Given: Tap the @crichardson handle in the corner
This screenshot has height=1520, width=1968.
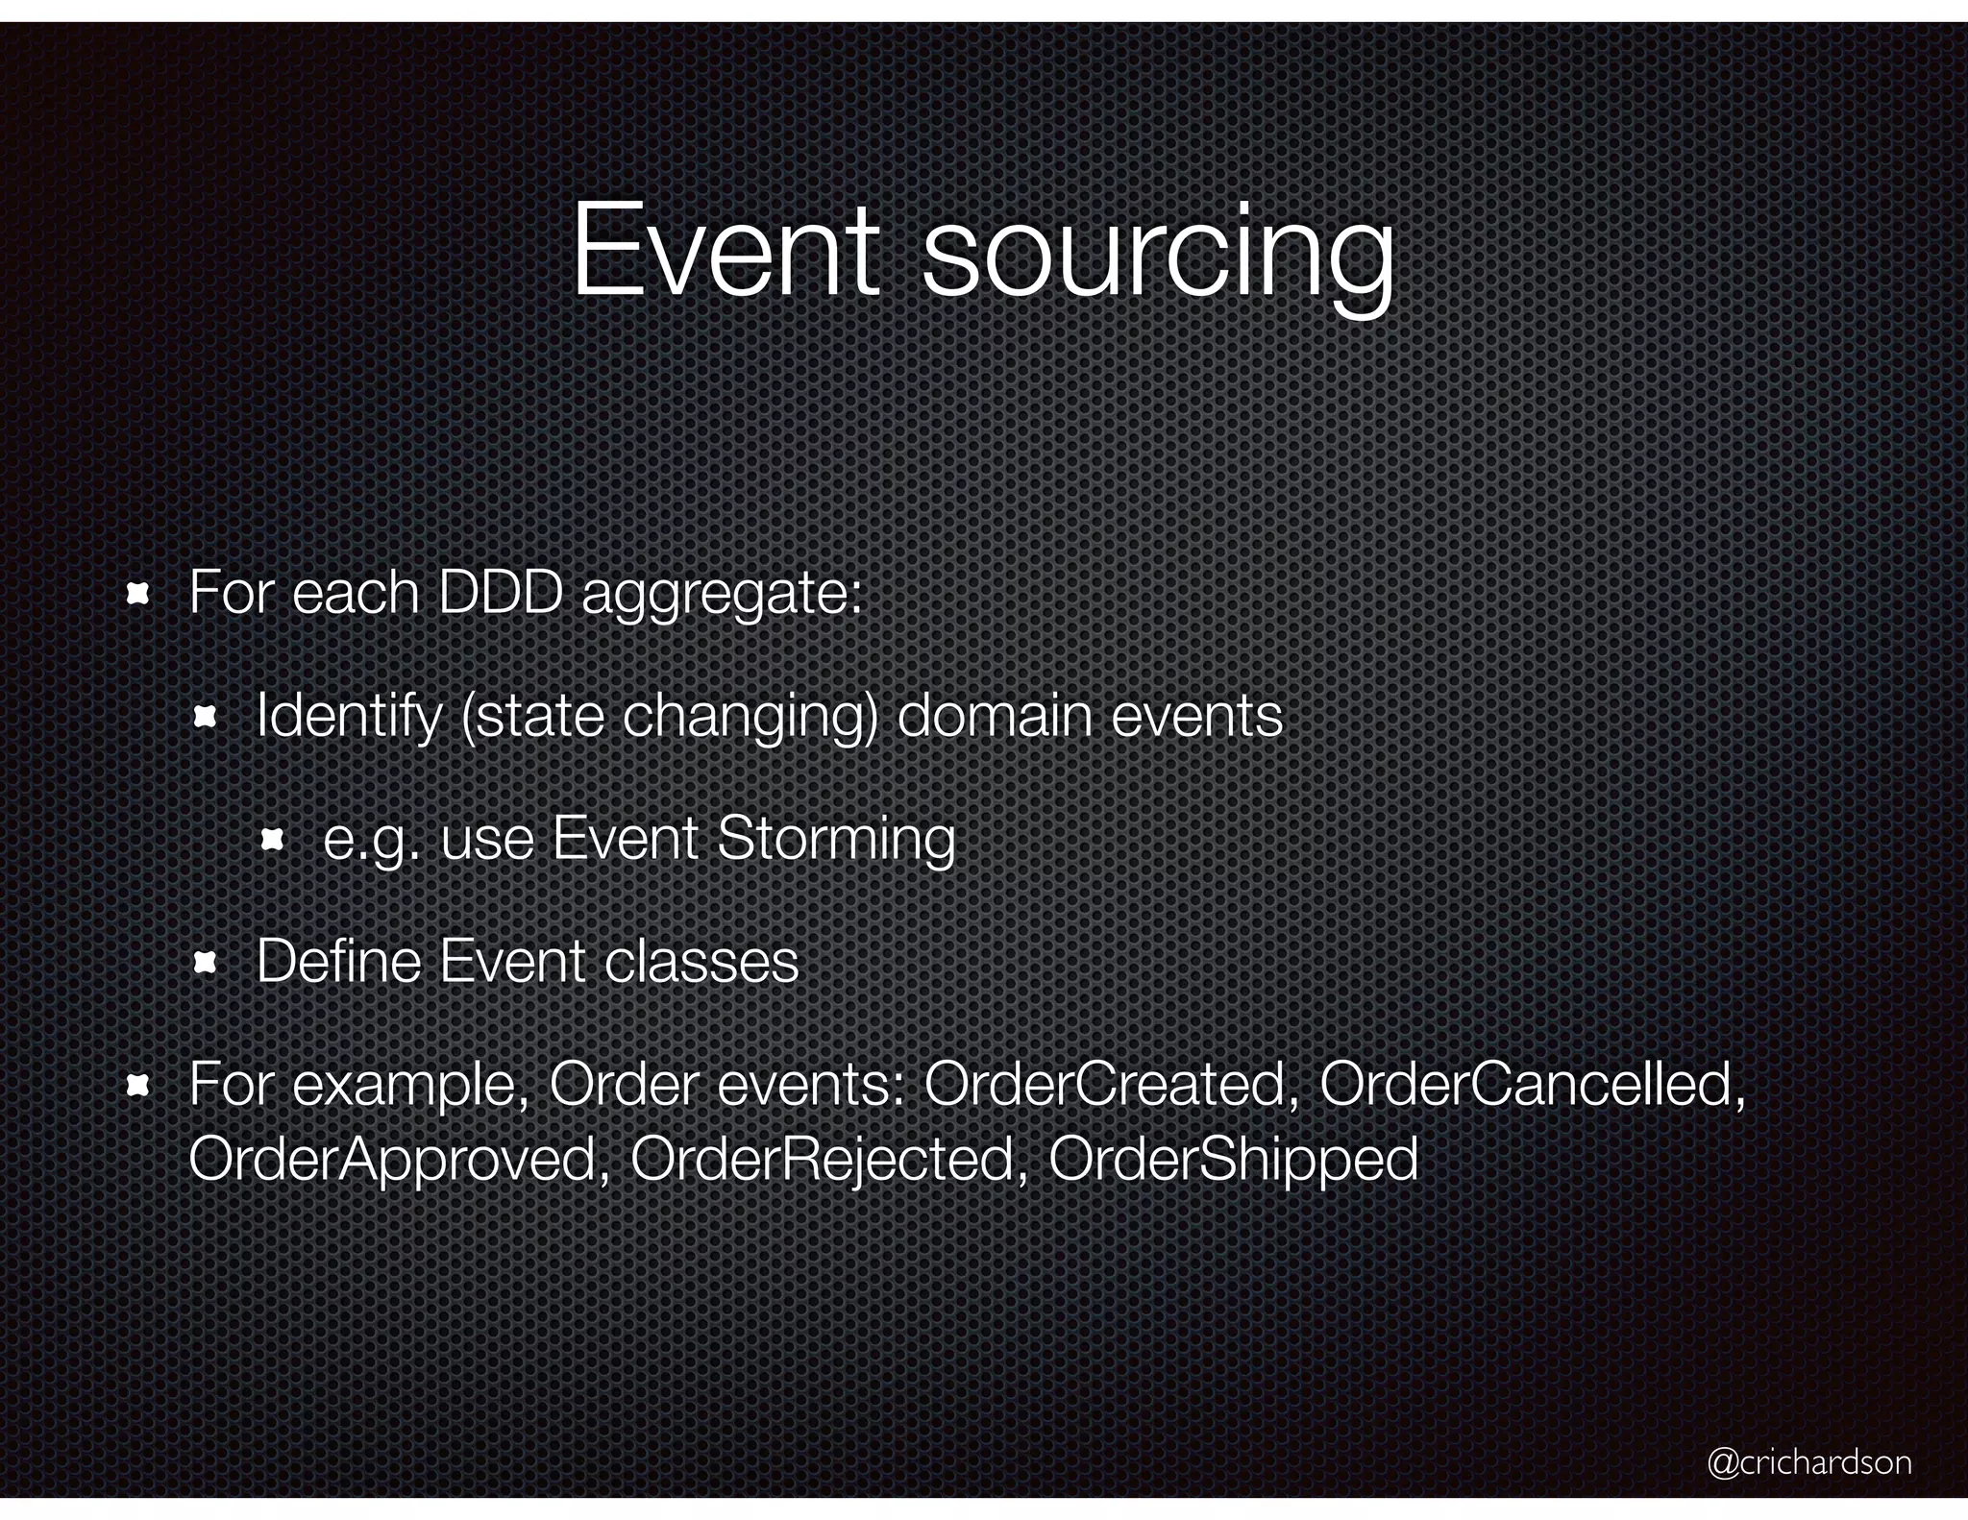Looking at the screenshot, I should (1809, 1461).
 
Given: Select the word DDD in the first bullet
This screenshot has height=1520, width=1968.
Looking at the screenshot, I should (500, 592).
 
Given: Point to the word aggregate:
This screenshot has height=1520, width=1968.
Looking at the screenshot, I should (722, 596).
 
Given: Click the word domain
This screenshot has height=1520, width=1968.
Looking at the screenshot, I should (995, 716).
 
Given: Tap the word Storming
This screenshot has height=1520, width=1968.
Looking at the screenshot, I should (836, 840).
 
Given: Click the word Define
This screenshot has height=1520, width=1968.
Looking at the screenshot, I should (339, 961).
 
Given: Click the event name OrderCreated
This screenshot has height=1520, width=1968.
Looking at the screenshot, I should (1111, 1085).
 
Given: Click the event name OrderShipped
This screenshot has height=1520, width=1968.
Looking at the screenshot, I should (1233, 1160).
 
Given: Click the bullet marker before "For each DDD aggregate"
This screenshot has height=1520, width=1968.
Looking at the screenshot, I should (137, 594).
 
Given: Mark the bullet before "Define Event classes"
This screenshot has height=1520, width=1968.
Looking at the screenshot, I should (205, 963).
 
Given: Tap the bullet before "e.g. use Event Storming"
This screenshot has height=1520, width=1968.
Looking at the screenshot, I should (272, 841).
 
